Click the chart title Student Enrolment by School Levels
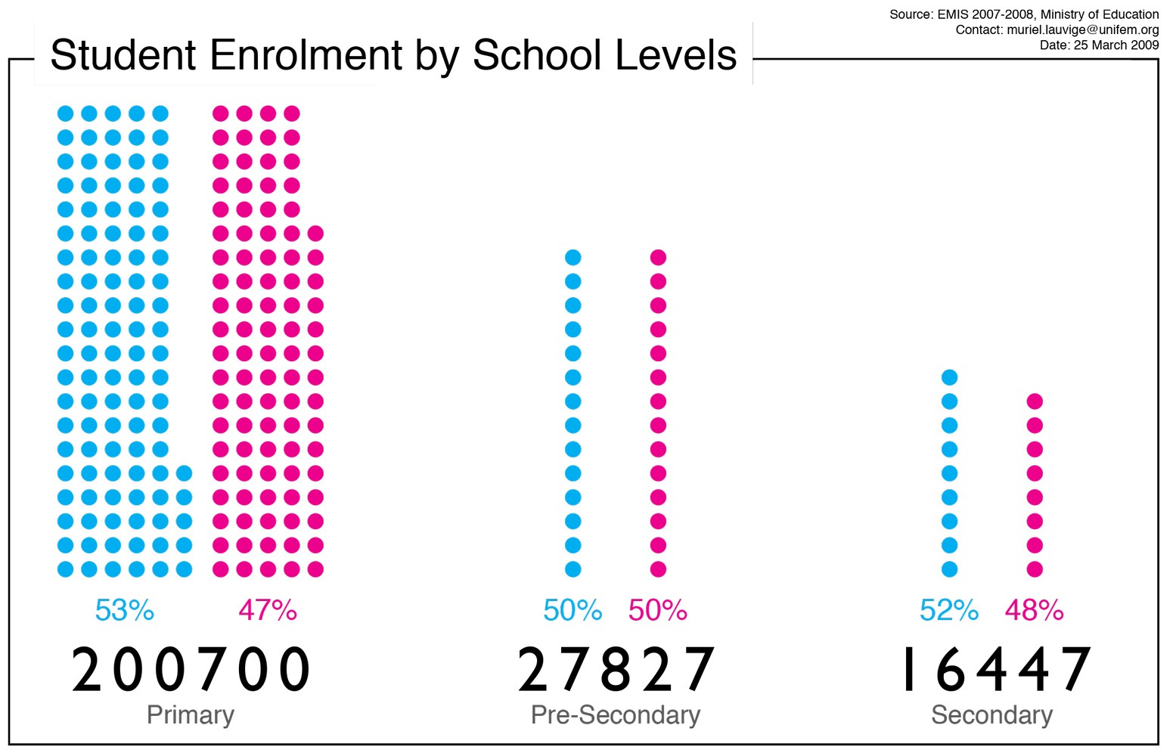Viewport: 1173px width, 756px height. pos(393,55)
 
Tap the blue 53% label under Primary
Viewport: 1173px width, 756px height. pos(125,610)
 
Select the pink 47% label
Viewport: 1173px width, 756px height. pos(268,610)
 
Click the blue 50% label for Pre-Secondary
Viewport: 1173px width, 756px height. pos(573,610)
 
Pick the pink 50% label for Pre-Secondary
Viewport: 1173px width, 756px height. pos(658,610)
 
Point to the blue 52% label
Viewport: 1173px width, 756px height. pos(949,610)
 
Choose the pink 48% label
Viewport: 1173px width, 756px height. pos(1035,610)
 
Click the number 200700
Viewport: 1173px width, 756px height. pos(191,670)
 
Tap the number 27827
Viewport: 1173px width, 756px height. pos(616,670)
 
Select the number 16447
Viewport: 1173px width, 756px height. pos(994,670)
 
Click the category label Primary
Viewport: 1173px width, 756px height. pos(191,715)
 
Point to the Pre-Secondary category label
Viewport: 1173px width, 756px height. pos(616,715)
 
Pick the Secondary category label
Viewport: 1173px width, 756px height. pos(991,715)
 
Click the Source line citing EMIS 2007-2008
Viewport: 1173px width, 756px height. pos(1023,14)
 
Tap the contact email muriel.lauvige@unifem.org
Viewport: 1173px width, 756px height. pos(1082,29)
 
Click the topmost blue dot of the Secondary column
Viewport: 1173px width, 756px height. pos(950,377)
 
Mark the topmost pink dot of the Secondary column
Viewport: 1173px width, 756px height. pos(1035,401)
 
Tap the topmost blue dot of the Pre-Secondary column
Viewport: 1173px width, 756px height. pos(573,258)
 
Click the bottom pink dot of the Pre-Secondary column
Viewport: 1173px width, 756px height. pos(658,569)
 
